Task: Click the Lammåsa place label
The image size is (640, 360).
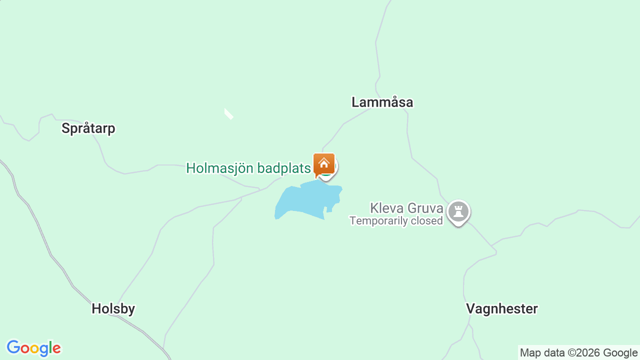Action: pos(382,102)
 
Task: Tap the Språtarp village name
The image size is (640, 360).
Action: pos(88,128)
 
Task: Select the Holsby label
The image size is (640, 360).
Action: pos(113,309)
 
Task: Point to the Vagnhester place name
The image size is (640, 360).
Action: pos(502,309)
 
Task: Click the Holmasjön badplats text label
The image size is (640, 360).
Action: pos(248,168)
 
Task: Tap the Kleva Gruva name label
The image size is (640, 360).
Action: pos(406,208)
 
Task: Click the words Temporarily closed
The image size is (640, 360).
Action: pos(396,220)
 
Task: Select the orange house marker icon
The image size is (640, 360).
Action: pos(324,163)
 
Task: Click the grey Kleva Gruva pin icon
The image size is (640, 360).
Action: pos(458,211)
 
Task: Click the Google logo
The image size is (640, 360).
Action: pos(33,348)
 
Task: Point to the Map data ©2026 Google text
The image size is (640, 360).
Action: pos(578,353)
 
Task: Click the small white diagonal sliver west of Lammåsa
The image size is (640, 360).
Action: pos(228,114)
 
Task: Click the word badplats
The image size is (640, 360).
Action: pos(284,168)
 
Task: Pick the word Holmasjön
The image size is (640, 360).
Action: pos(220,168)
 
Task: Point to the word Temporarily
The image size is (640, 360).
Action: pos(378,220)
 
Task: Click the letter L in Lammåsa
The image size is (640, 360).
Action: pos(355,102)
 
